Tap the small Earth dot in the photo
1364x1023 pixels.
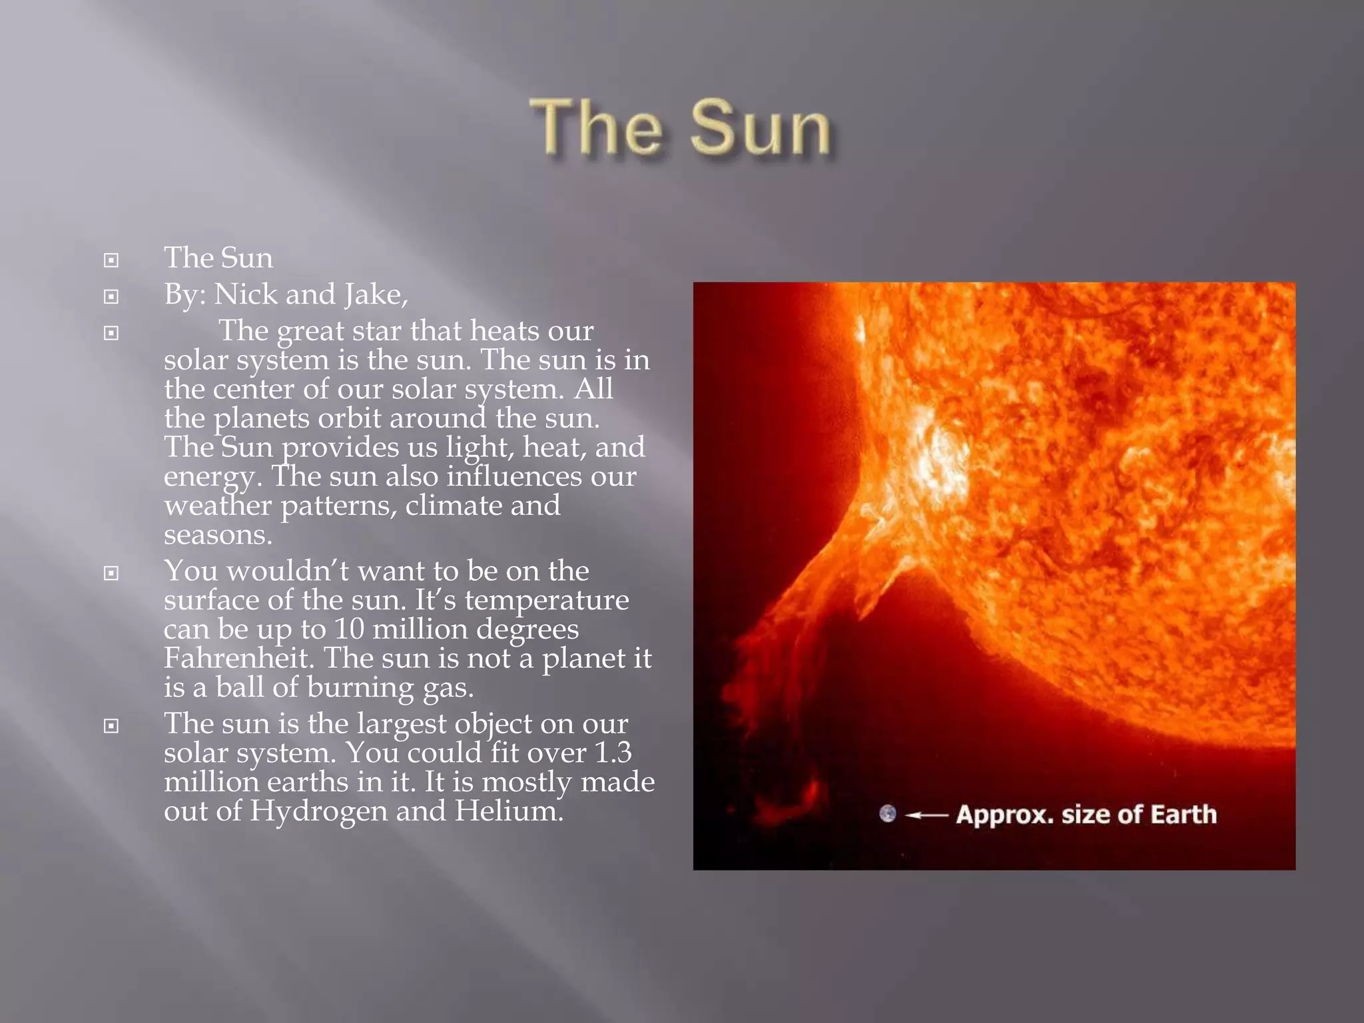pyautogui.click(x=887, y=813)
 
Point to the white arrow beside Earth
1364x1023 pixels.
pyautogui.click(x=926, y=815)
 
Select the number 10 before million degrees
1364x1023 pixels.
pyautogui.click(x=349, y=629)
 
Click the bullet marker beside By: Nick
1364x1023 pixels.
pyautogui.click(x=111, y=296)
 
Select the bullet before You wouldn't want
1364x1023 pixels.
pyautogui.click(x=111, y=573)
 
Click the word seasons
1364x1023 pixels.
pyautogui.click(x=217, y=535)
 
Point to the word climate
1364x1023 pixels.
pyautogui.click(x=454, y=506)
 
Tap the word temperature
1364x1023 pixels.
pyautogui.click(x=546, y=600)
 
